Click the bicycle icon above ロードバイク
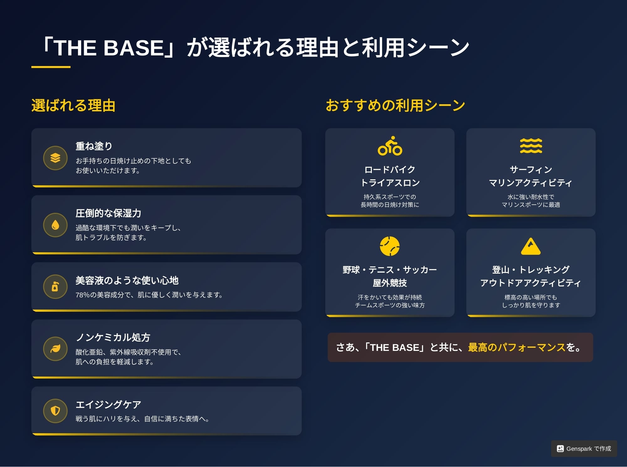[x=390, y=146]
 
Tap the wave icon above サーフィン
[x=531, y=146]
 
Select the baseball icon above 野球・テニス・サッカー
[x=390, y=246]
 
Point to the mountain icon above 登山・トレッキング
[x=531, y=246]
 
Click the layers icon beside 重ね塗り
[x=55, y=158]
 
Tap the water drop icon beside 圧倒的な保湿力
[x=55, y=225]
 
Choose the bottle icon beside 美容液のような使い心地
[x=55, y=287]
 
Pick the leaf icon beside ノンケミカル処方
[x=55, y=349]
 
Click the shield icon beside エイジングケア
[x=55, y=411]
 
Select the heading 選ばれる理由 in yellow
[x=73, y=105]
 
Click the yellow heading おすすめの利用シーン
[x=395, y=105]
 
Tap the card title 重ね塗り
[x=94, y=146]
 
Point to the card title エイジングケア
[x=108, y=404]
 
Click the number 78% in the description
[x=83, y=295]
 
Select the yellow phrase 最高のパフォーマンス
[x=517, y=347]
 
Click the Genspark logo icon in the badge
[x=560, y=449]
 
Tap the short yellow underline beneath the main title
[x=51, y=67]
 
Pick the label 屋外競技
[x=390, y=283]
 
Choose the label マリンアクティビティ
[x=531, y=183]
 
